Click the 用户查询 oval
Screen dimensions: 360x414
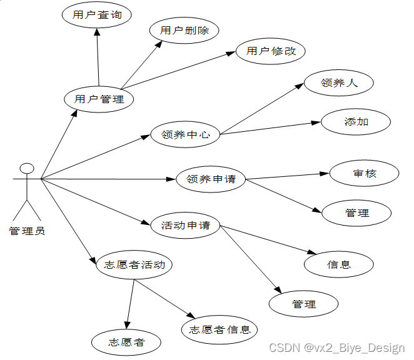click(x=97, y=15)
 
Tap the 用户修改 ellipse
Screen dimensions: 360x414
click(x=271, y=51)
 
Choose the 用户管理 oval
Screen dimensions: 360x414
click(x=99, y=99)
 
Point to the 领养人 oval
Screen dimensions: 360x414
click(x=339, y=82)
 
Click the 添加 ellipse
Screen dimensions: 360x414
click(x=356, y=122)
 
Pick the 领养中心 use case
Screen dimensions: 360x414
click(x=186, y=134)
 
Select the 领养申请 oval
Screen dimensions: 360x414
click(x=211, y=179)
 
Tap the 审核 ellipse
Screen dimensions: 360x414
click(x=365, y=173)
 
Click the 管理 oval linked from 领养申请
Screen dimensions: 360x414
click(x=357, y=213)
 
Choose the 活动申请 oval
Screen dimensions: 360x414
click(x=186, y=225)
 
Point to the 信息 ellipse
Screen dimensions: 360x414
click(x=339, y=264)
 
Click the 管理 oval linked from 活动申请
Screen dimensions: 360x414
click(x=304, y=304)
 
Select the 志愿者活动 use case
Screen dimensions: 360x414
click(x=135, y=265)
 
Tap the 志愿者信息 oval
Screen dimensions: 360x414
click(x=220, y=329)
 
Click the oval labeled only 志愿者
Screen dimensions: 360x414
click(x=126, y=342)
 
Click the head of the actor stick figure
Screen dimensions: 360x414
click(x=26, y=169)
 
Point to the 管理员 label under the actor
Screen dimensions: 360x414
click(x=27, y=231)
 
